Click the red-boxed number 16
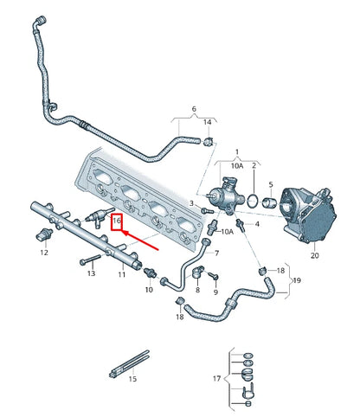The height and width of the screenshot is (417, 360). (116, 221)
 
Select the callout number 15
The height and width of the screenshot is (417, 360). (132, 379)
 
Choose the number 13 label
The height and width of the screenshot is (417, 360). (89, 273)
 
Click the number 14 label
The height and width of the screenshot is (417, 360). (208, 123)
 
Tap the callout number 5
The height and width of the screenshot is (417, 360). (269, 184)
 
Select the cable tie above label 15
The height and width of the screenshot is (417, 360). (128, 364)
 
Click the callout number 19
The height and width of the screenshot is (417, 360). (297, 281)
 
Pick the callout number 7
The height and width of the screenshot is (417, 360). (216, 253)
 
